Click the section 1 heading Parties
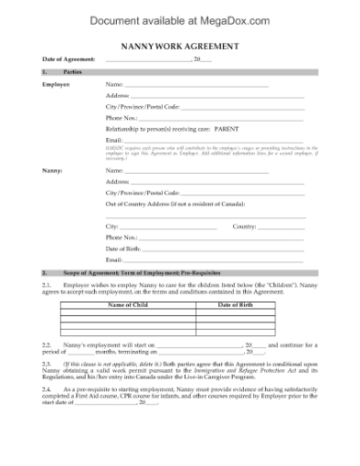[73, 71]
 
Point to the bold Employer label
[56, 83]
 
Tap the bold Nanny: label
[53, 170]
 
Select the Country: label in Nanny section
[244, 226]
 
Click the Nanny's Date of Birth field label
[124, 249]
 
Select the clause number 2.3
[48, 363]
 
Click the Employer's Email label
[114, 140]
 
